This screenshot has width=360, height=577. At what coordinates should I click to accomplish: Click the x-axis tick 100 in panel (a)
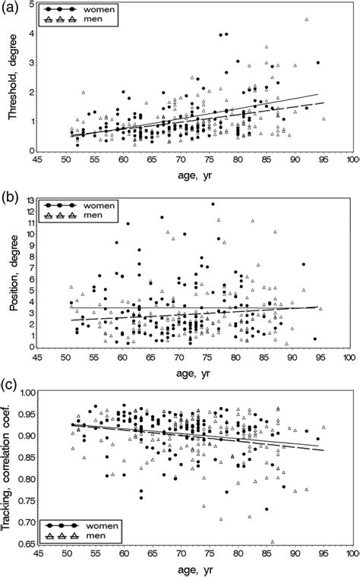pos(352,160)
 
